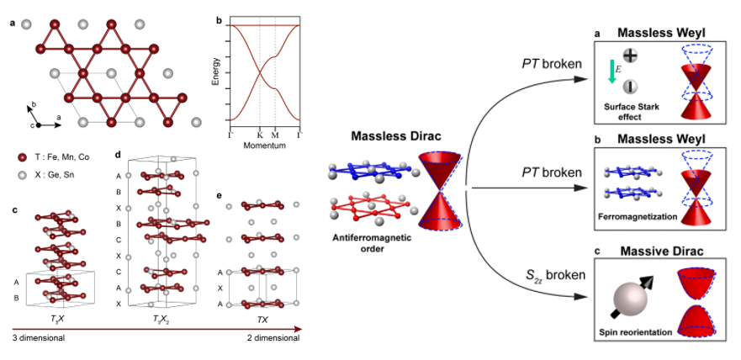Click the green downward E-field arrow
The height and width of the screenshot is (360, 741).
pos(611,74)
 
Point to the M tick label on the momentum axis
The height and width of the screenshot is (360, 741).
pos(275,135)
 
